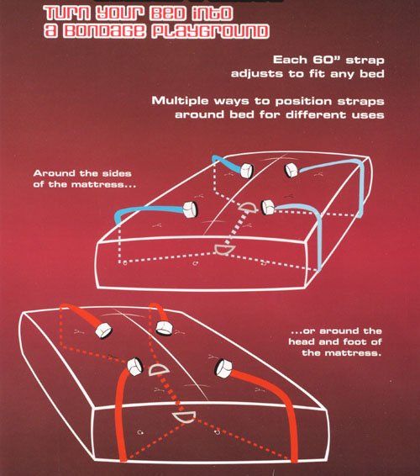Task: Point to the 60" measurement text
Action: pyautogui.click(x=326, y=59)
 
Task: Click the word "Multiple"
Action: pyautogui.click(x=180, y=101)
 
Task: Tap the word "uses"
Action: pyautogui.click(x=368, y=115)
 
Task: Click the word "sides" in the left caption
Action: pyautogui.click(x=117, y=173)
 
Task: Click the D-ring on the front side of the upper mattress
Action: pyautogui.click(x=224, y=250)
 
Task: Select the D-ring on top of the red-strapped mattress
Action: pyautogui.click(x=159, y=370)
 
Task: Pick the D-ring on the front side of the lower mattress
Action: pyautogui.click(x=184, y=417)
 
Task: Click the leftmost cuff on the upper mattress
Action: pyautogui.click(x=190, y=209)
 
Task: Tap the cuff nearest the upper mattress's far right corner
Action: pyautogui.click(x=291, y=171)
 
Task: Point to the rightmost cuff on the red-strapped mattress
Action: pyautogui.click(x=223, y=368)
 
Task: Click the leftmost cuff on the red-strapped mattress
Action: pyautogui.click(x=103, y=331)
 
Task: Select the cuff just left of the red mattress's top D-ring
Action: pyautogui.click(x=134, y=367)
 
